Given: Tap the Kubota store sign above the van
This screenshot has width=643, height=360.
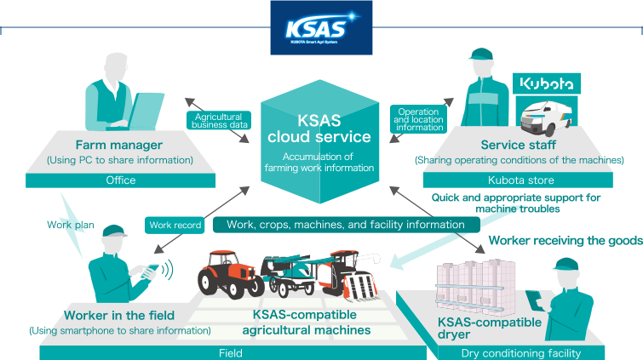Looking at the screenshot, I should tap(547, 83).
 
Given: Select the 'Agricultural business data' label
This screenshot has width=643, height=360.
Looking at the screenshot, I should tap(219, 121).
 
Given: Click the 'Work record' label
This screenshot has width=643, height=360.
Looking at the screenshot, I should tap(175, 226).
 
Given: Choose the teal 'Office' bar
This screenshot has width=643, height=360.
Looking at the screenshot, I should tap(121, 180).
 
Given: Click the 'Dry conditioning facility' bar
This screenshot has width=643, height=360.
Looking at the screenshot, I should tap(520, 352).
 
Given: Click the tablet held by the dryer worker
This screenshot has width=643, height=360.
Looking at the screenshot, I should tap(534, 299).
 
